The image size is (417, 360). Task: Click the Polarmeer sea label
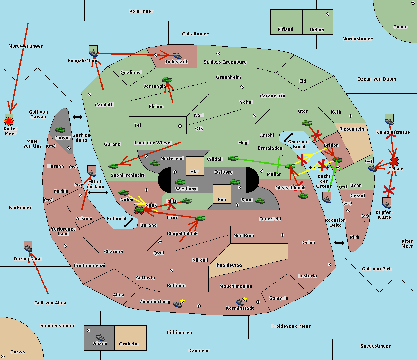point(141,11)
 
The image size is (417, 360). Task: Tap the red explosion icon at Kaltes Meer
point(9,121)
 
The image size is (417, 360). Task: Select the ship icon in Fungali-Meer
point(93,53)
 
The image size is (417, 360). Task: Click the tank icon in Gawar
point(60,130)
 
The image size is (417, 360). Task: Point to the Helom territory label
point(317,30)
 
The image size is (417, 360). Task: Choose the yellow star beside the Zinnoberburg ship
point(182,301)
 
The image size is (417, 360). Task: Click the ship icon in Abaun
point(100,337)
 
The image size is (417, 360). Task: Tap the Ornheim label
point(129,344)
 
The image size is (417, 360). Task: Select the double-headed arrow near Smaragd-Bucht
point(288,137)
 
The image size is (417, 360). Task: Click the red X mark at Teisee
point(394,161)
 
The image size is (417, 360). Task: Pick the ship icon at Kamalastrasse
point(389,121)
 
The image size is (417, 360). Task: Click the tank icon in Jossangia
point(166,80)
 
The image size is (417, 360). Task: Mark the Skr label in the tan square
point(194,172)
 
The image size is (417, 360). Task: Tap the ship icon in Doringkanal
point(28,248)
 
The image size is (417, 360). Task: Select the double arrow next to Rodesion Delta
point(339,243)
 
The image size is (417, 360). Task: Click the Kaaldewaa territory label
point(229,265)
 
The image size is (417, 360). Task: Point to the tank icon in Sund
point(260,201)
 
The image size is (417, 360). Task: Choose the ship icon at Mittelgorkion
point(91,173)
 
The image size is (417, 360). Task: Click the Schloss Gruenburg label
point(225,62)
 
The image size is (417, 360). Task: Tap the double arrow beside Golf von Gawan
point(77,117)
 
